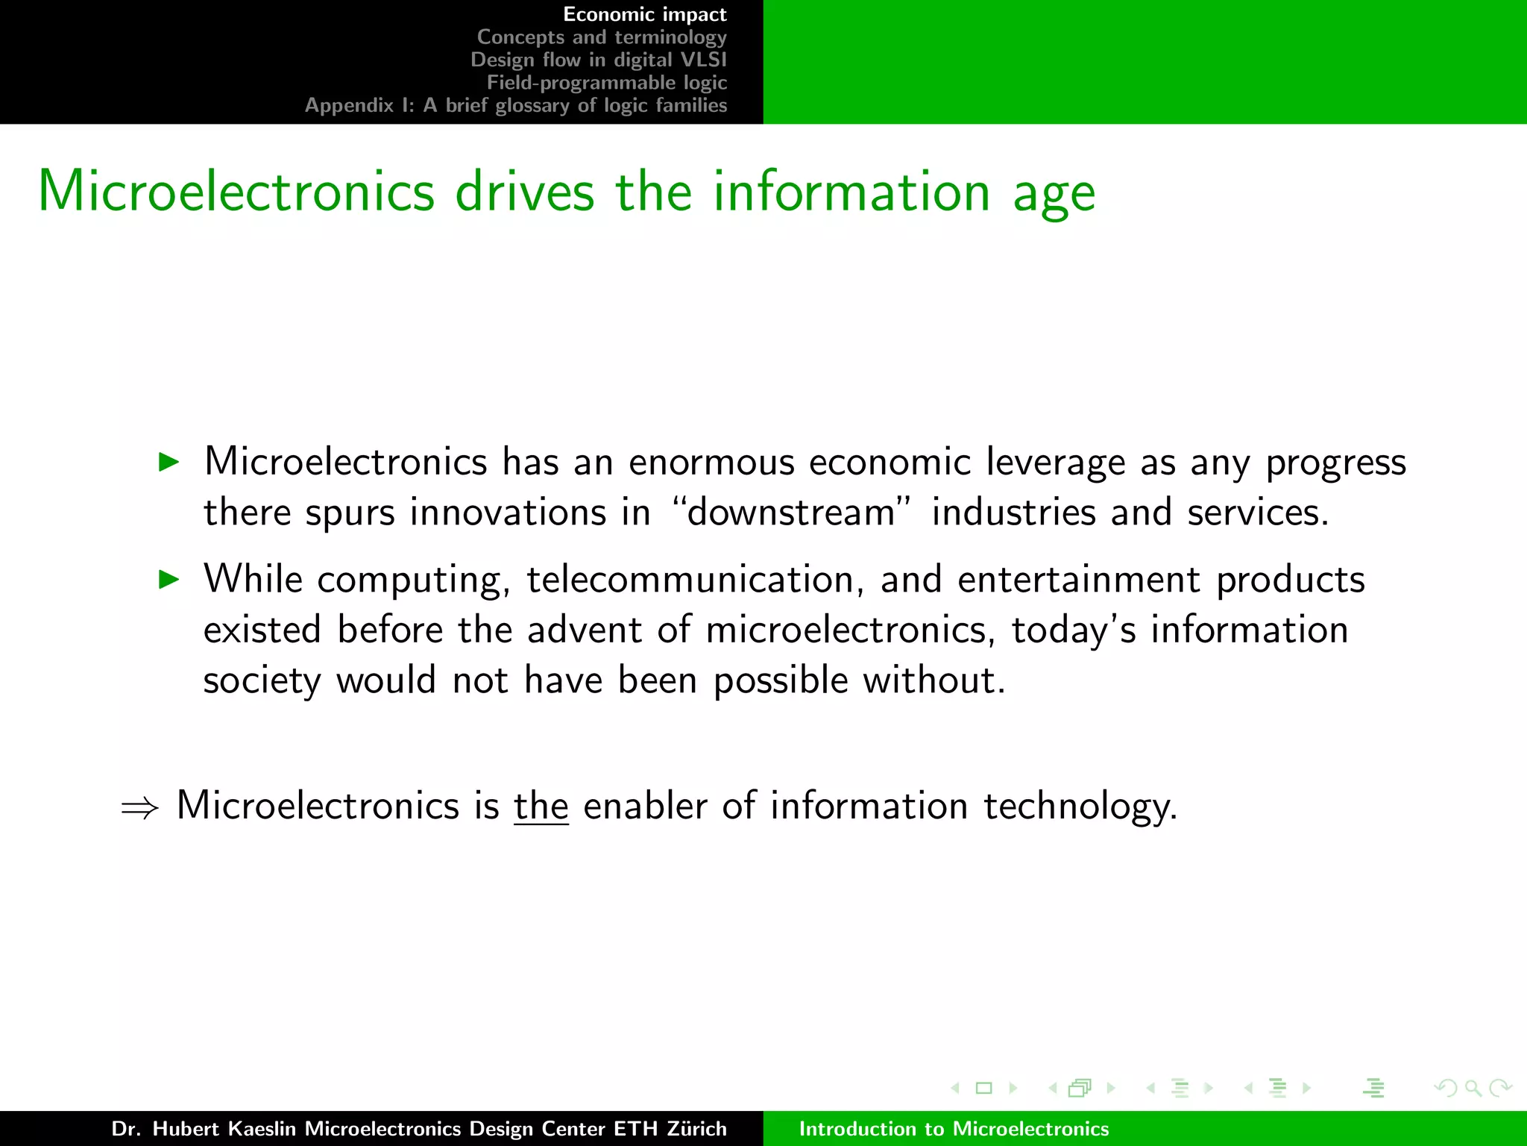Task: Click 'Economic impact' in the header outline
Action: pos(644,14)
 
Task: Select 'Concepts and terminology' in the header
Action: pos(602,37)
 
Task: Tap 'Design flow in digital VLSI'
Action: pos(598,60)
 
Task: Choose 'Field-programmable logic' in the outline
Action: pos(607,82)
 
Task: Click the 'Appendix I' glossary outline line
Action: pos(515,105)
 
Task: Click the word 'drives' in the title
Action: pos(525,192)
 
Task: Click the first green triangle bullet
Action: pos(170,462)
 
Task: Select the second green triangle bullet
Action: pos(170,579)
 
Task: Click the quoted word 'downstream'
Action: pos(791,513)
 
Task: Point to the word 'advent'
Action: pos(584,630)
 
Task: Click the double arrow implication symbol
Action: pos(140,808)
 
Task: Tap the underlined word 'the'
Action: pos(541,806)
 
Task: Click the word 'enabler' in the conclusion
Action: pos(645,806)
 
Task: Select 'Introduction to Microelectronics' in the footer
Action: pos(954,1129)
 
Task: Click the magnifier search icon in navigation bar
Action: pos(1473,1088)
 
